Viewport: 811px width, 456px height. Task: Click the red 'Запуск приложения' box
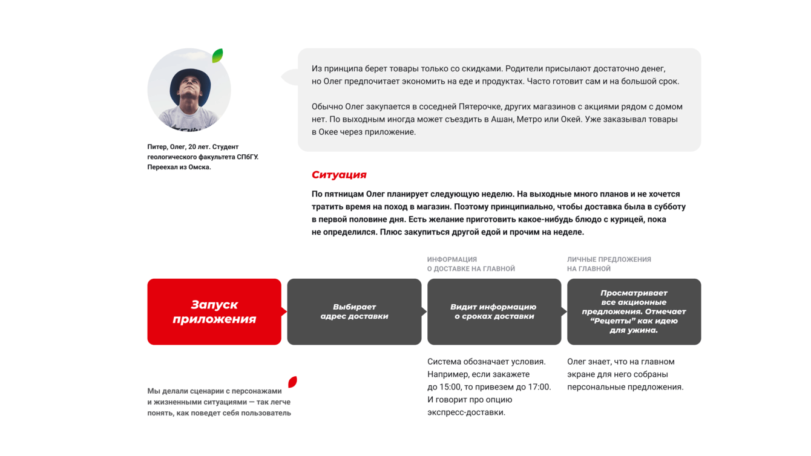214,311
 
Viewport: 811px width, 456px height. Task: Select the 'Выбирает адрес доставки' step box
354,311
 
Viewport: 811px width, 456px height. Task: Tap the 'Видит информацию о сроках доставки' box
494,311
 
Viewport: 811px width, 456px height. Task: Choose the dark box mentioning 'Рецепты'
634,311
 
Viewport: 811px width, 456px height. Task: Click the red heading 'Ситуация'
339,175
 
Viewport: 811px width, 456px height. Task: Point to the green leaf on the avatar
217,56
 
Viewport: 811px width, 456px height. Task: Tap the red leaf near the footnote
293,382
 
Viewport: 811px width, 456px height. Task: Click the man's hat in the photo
189,79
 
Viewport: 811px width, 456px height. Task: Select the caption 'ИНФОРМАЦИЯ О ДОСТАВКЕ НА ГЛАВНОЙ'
471,264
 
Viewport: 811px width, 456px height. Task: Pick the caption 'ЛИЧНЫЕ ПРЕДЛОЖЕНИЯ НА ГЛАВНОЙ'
609,264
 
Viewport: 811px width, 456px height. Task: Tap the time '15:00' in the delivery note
451,387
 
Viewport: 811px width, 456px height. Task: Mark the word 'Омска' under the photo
199,167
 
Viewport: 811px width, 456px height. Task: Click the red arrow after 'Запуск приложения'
284,311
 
